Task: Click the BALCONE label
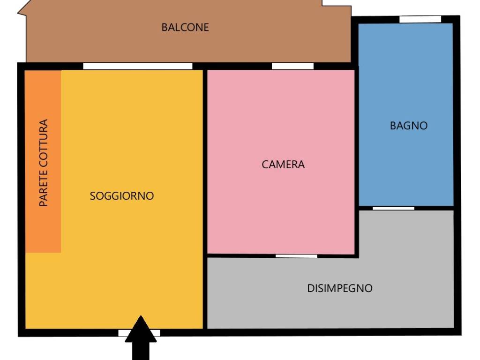tap(185, 27)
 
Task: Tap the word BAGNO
tap(409, 126)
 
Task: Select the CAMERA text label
tap(283, 165)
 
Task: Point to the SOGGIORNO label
tap(122, 196)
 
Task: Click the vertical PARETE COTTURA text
tap(44, 163)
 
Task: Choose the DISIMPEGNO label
tap(340, 288)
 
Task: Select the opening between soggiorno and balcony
tap(138, 66)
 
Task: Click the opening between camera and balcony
tap(292, 66)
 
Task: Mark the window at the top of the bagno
tap(420, 19)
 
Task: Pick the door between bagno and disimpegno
tap(393, 208)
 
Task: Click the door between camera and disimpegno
tap(296, 256)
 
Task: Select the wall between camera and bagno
tap(356, 141)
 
